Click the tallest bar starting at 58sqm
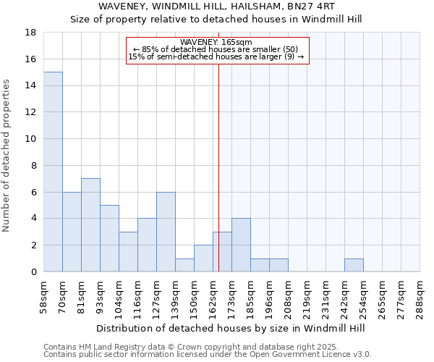[53, 172]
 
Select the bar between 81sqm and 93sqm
[90, 224]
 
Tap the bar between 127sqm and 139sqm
[166, 232]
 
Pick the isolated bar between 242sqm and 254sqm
[354, 265]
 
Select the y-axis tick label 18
[31, 33]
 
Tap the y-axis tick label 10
[31, 139]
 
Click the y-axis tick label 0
[34, 272]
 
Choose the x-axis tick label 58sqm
[44, 295]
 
